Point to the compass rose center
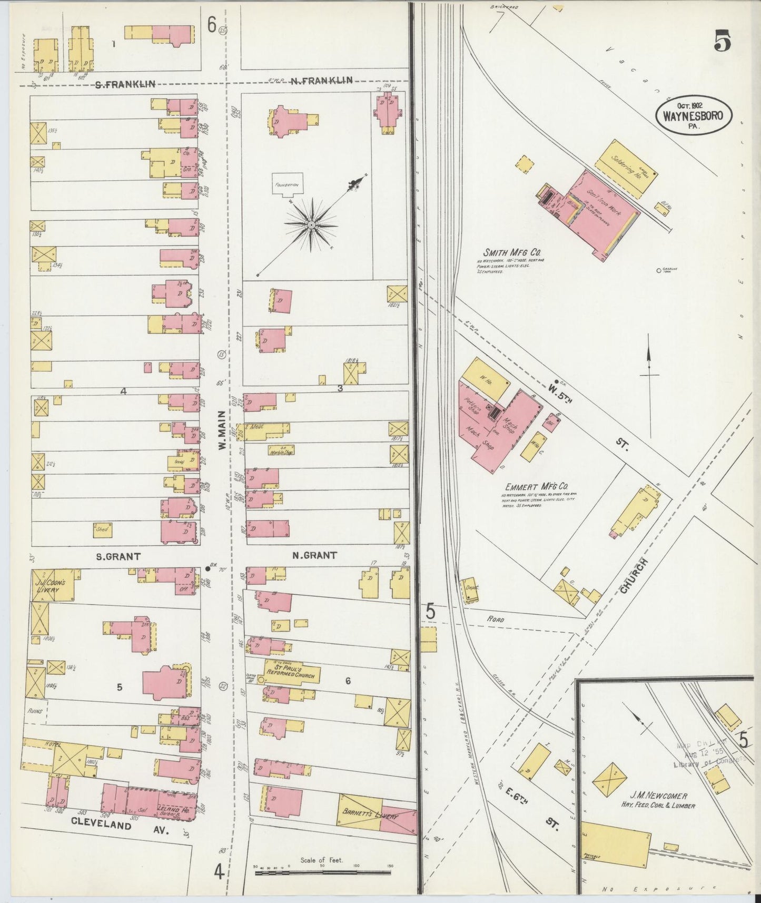pyautogui.click(x=311, y=225)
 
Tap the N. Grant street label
pyautogui.click(x=314, y=555)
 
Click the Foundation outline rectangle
pyautogui.click(x=288, y=185)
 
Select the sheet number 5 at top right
pyautogui.click(x=722, y=42)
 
